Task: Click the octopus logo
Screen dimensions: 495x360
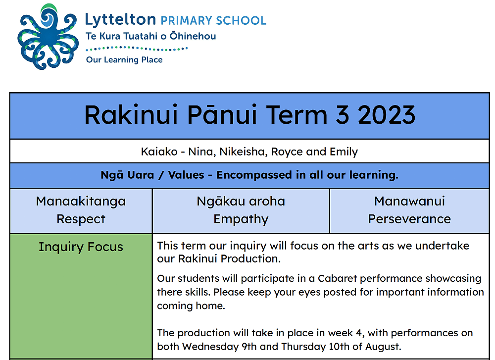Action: (48, 37)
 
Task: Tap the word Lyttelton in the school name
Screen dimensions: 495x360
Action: (120, 20)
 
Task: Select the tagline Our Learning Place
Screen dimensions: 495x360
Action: (124, 60)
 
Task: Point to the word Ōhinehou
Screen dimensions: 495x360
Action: (193, 36)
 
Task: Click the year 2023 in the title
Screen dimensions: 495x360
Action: (387, 114)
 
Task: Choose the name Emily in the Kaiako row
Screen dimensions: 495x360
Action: (344, 152)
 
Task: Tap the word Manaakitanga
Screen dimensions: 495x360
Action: (81, 202)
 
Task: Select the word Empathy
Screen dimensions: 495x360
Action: (241, 219)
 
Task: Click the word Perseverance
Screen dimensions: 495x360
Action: (409, 219)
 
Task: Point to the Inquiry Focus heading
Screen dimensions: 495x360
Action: (81, 247)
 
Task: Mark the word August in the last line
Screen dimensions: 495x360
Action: (383, 347)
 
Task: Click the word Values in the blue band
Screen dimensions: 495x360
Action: (186, 175)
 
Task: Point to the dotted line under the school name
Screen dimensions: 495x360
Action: (137, 49)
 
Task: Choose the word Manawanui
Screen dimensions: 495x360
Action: (409, 201)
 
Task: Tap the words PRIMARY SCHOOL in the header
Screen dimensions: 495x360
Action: (213, 20)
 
